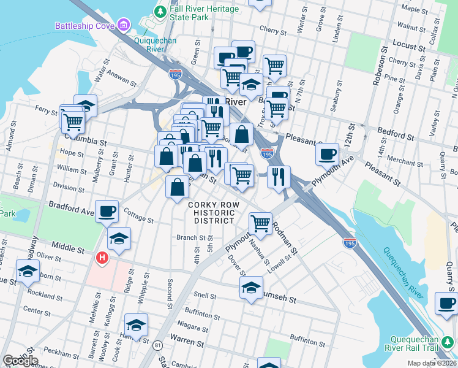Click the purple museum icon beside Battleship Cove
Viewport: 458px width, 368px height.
click(x=124, y=25)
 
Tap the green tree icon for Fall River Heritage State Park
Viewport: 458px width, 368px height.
click(x=160, y=11)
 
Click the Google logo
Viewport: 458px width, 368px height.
click(x=20, y=360)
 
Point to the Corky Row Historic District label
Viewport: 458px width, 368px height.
click(x=211, y=212)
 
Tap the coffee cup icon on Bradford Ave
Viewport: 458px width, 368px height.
click(x=107, y=211)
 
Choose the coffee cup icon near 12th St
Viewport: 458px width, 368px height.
click(x=328, y=153)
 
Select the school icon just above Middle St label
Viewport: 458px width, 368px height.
click(x=119, y=238)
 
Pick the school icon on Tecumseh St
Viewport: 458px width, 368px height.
click(x=251, y=288)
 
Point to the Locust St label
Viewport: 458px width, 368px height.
click(x=392, y=46)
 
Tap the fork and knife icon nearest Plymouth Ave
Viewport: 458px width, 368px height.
click(x=278, y=177)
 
